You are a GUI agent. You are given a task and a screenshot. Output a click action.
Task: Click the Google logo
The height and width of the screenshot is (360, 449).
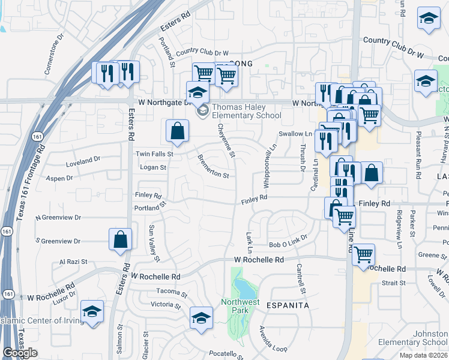20,353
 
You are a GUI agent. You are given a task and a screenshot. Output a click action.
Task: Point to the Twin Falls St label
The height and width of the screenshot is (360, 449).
154,154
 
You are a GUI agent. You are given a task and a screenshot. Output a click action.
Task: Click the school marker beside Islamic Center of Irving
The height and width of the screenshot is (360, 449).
92,312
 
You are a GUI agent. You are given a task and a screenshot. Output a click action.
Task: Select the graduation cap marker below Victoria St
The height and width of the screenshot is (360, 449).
202,318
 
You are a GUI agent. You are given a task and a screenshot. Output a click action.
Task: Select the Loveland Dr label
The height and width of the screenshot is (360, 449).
83,161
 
